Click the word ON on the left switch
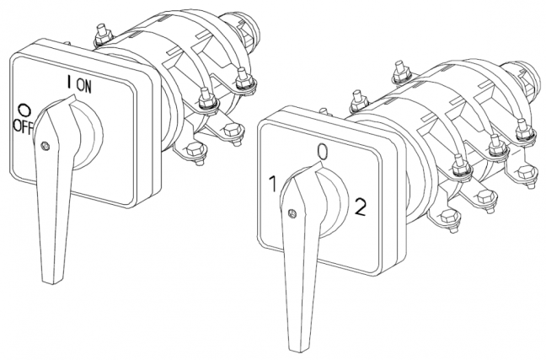84,86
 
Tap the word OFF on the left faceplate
23,126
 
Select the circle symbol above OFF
24,110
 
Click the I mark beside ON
69,82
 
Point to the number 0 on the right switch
323,153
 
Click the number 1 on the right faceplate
273,184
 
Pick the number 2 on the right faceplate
360,207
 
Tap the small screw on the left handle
45,146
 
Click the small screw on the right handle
292,213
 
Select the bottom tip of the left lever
52,281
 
